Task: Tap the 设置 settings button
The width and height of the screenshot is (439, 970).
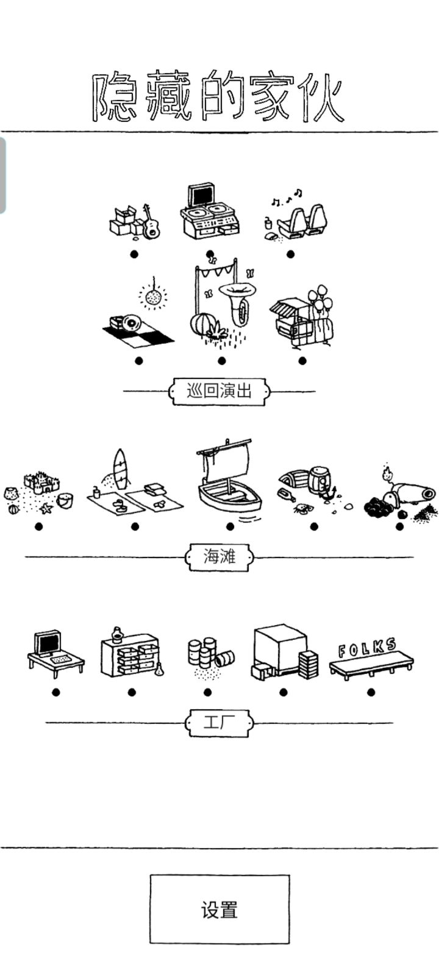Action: point(220,909)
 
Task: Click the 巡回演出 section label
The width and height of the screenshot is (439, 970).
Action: point(219,391)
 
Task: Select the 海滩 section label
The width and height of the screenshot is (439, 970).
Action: point(220,556)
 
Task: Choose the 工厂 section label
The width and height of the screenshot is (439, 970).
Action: point(220,722)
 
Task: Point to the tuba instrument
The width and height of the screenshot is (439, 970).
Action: point(237,303)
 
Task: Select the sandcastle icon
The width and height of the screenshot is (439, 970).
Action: point(41,482)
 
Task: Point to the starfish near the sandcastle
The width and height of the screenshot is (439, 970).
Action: point(46,508)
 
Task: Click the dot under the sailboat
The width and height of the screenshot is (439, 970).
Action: point(230,526)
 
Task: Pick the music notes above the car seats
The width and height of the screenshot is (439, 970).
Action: point(287,197)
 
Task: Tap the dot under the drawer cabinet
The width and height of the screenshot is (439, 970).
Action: point(132,692)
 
